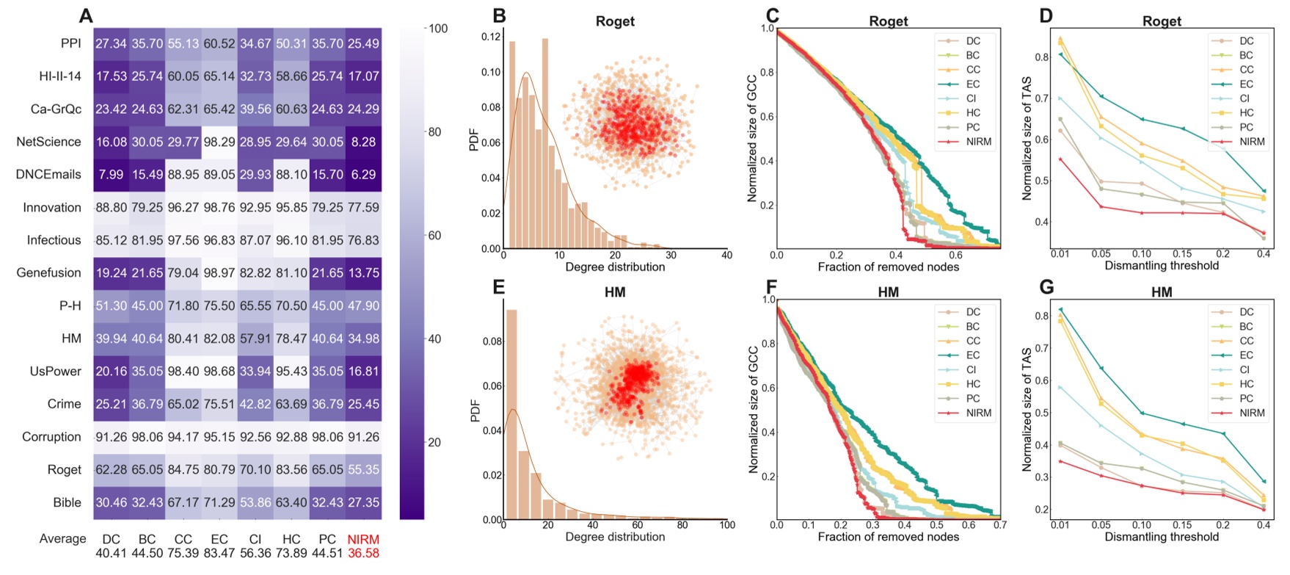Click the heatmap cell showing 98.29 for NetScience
coord(219,142)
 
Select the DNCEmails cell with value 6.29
coord(363,175)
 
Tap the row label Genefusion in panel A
coord(49,272)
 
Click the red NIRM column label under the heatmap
coord(363,540)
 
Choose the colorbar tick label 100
coord(438,29)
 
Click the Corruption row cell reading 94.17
coord(183,437)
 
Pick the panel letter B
coord(499,15)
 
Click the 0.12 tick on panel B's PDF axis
coord(491,37)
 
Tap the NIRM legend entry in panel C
coord(978,142)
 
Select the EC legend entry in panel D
coord(1246,84)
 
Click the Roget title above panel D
coord(1162,21)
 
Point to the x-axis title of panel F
coord(888,537)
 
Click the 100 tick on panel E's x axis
coord(727,525)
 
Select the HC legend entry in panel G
coord(1246,384)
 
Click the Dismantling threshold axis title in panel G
coord(1162,537)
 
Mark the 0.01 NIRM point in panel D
coord(1061,159)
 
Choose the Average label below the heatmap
coord(63,539)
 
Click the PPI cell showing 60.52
coord(219,44)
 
